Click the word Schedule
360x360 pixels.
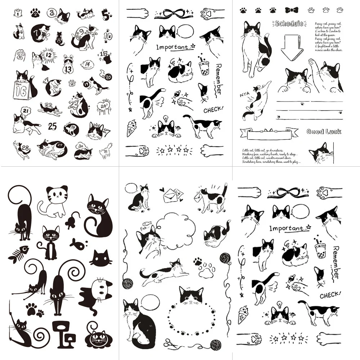pyautogui.click(x=288, y=24)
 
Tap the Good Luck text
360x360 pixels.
pyautogui.click(x=324, y=131)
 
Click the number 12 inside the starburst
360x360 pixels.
pyautogui.click(x=49, y=55)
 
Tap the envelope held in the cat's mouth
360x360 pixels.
pyautogui.click(x=199, y=197)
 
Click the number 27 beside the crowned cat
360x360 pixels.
pyautogui.click(x=107, y=132)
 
